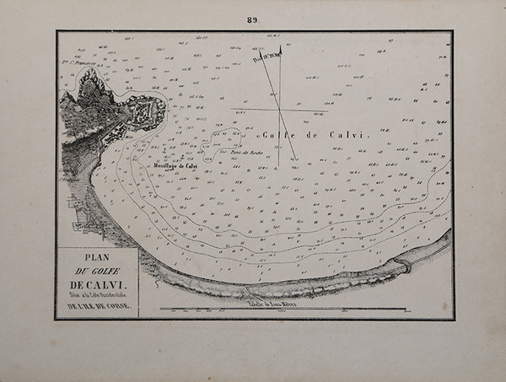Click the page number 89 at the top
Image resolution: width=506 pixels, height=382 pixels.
253,19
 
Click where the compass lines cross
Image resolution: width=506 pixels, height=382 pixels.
277,109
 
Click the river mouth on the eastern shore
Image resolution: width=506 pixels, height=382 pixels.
406,265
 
